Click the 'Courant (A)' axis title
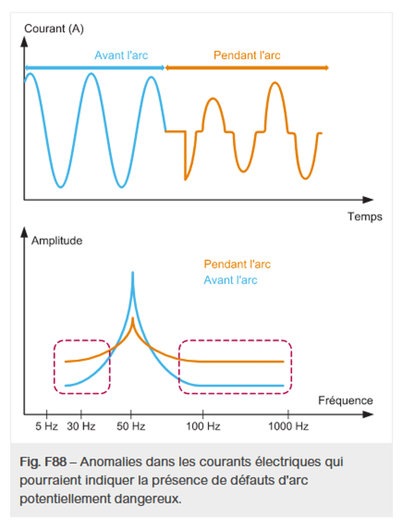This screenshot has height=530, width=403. click(x=54, y=28)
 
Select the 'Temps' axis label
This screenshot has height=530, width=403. click(x=365, y=216)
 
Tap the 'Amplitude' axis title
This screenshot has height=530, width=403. click(x=57, y=240)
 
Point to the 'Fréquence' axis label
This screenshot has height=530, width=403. click(x=345, y=400)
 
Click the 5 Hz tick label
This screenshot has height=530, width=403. click(x=47, y=426)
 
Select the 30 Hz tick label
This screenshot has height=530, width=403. click(x=81, y=426)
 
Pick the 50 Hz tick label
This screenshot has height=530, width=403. click(x=131, y=426)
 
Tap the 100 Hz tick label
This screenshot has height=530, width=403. click(x=203, y=426)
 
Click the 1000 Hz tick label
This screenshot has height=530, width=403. click(x=289, y=426)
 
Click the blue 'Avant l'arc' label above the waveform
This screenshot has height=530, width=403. click(x=121, y=55)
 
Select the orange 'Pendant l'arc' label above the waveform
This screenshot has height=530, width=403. click(x=247, y=55)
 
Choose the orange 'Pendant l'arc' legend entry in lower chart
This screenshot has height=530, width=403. click(x=237, y=264)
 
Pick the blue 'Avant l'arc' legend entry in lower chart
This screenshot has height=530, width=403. click(x=230, y=281)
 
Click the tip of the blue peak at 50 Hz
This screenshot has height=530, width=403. click(x=133, y=272)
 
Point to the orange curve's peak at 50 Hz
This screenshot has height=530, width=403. click(x=133, y=318)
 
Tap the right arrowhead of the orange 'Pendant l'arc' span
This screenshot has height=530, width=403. click(x=326, y=68)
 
